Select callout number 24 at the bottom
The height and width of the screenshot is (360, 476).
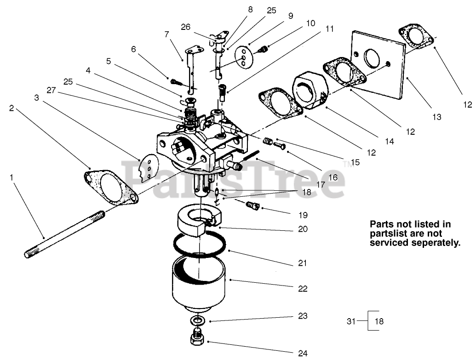302,353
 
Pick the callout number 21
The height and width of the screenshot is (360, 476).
302,263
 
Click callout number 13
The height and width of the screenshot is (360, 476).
436,117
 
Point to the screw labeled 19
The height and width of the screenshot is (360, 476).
253,205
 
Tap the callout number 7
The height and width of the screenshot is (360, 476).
166,34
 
